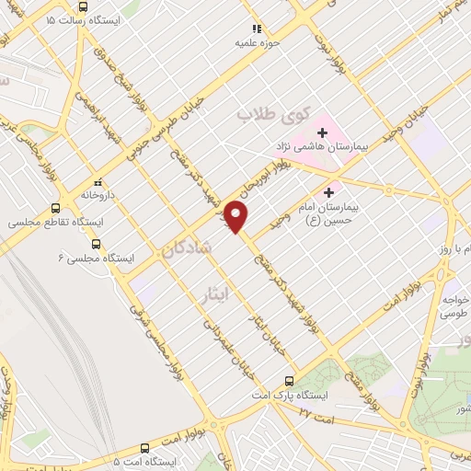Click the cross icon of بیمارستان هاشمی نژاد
(322, 133)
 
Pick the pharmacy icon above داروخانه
(98, 182)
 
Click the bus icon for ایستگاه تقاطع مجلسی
(56, 208)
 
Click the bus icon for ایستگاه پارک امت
(290, 381)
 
